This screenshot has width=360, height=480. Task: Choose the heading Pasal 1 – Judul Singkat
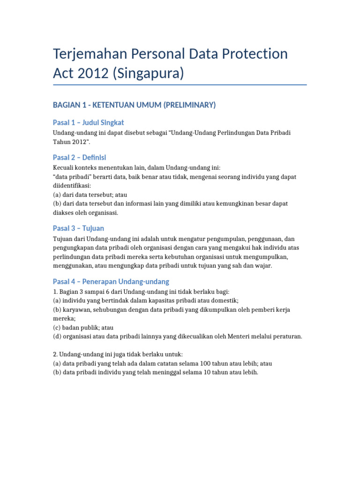(x=88, y=122)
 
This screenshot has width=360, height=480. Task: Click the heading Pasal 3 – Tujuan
(x=78, y=228)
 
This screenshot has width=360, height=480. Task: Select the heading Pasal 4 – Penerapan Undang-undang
(x=111, y=282)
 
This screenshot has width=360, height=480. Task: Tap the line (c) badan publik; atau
(x=83, y=327)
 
